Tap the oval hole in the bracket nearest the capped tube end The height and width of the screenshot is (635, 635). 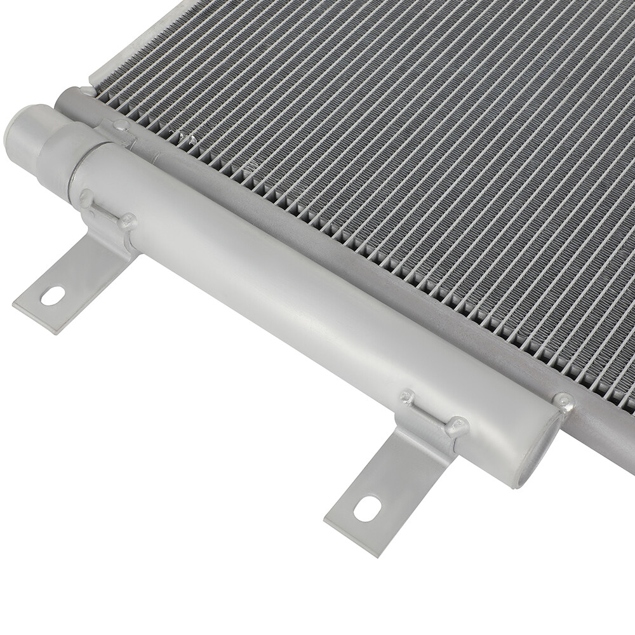(53, 295)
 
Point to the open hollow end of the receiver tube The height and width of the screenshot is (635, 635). (537, 457)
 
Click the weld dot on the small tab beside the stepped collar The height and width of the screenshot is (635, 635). (120, 125)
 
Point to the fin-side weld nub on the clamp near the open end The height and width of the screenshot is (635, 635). (406, 398)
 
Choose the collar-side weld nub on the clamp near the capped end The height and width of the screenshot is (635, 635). (85, 197)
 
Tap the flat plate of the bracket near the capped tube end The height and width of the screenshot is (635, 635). (70, 279)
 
